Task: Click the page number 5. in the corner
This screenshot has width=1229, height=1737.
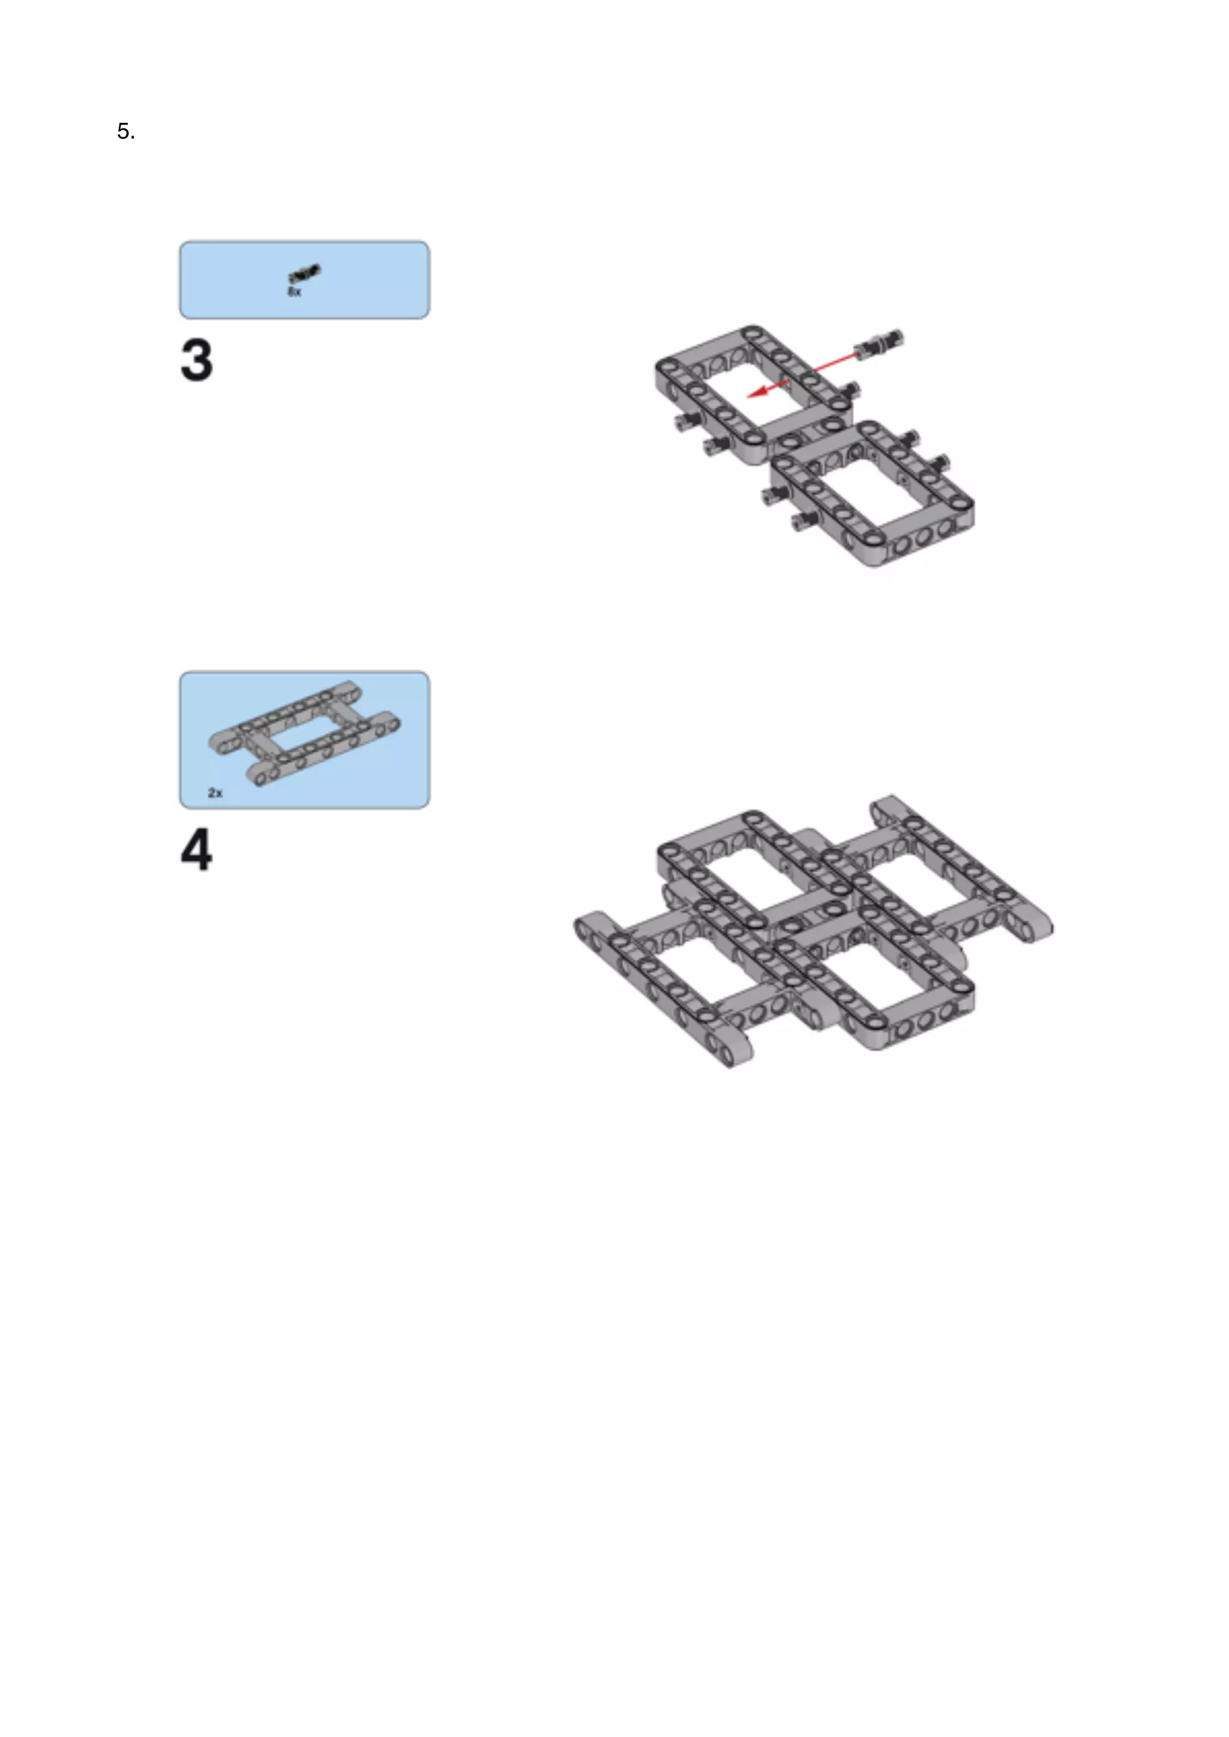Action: coord(125,131)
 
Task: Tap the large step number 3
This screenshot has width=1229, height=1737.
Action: coord(197,360)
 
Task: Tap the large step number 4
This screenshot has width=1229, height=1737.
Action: coord(197,851)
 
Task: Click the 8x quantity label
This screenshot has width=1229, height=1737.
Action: coord(295,291)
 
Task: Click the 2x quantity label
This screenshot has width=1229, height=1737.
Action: coord(215,793)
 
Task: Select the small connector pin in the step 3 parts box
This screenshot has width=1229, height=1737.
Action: coord(304,273)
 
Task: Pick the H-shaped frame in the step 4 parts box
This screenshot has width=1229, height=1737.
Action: coord(305,733)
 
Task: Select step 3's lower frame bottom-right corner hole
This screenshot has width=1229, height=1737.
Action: coord(962,503)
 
